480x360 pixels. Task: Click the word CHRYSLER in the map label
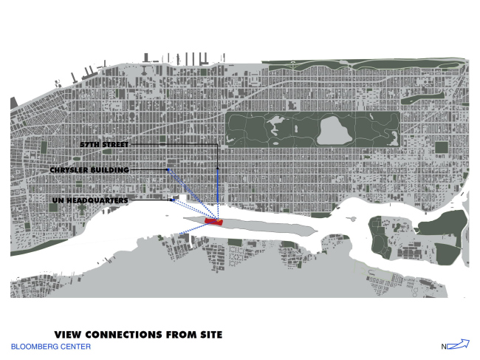click(x=70, y=170)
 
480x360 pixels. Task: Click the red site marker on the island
click(x=213, y=221)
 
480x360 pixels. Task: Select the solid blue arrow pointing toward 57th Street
click(x=217, y=192)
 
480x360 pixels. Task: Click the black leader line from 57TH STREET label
click(x=177, y=142)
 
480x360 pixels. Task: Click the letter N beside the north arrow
click(x=444, y=346)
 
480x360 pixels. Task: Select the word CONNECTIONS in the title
click(x=128, y=335)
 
